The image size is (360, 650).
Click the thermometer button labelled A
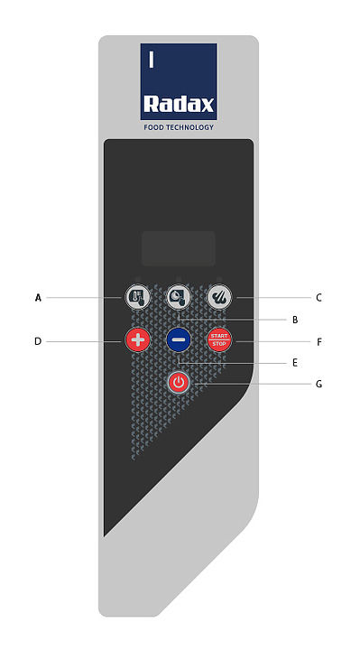[137, 297]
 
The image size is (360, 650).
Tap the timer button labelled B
[179, 297]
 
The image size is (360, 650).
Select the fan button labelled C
[219, 297]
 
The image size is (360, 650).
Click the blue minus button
[179, 340]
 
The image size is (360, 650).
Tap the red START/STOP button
[219, 340]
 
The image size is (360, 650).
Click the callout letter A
[38, 298]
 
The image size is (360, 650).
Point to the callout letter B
[295, 320]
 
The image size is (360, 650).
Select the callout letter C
[318, 298]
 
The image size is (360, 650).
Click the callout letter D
[38, 342]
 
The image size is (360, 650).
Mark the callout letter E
[295, 363]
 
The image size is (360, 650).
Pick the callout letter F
[319, 342]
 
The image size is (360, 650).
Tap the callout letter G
[318, 384]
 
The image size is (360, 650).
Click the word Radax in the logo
[179, 104]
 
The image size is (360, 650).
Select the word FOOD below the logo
[153, 127]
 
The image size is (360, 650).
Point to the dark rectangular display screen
[179, 248]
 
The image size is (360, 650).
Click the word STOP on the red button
[219, 344]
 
